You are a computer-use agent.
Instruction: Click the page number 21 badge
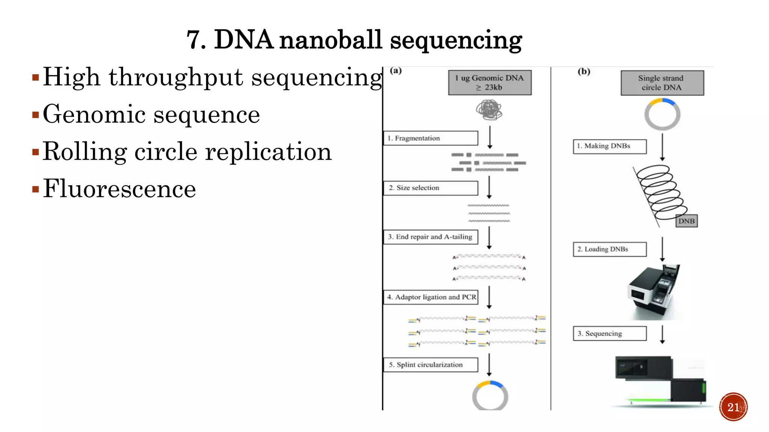coord(733,407)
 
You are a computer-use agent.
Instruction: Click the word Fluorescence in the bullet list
coord(119,189)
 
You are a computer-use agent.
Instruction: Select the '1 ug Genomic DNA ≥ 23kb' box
coord(490,82)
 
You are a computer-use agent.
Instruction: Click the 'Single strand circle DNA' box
coord(662,83)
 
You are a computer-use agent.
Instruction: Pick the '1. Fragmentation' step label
coord(430,138)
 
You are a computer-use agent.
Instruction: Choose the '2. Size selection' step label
coord(430,188)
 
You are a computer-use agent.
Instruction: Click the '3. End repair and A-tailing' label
coord(430,237)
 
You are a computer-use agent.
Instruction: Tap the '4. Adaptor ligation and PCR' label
coord(431,297)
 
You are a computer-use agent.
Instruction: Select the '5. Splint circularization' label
coord(430,364)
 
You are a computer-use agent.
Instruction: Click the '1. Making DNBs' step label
coord(609,146)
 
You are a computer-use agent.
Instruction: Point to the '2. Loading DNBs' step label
coord(609,249)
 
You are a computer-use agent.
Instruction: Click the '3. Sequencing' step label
coord(609,333)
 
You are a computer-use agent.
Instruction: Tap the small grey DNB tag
coord(686,221)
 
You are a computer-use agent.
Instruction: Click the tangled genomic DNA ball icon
coord(489,110)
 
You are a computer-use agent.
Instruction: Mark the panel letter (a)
coord(396,70)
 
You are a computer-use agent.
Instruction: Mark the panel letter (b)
coord(584,71)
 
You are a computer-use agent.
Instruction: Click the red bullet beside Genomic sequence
coord(36,115)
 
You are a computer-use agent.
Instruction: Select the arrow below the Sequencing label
coord(662,334)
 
